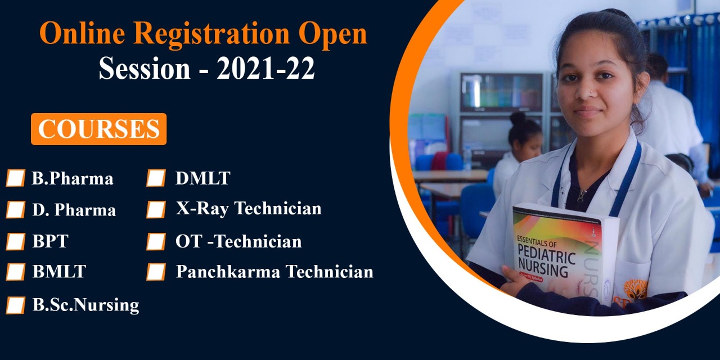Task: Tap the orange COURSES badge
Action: [98, 129]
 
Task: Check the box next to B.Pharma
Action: [15, 178]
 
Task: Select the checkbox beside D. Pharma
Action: [15, 209]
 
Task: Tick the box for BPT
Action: [15, 241]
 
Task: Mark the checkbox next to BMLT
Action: [15, 272]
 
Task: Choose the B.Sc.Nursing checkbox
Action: [15, 305]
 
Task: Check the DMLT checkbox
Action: [156, 178]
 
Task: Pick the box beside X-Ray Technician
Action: [156, 209]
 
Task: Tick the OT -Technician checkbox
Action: [156, 241]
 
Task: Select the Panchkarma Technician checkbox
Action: [156, 272]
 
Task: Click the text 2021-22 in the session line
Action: [266, 68]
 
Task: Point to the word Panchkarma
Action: [228, 271]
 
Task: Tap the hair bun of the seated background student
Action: [518, 118]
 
